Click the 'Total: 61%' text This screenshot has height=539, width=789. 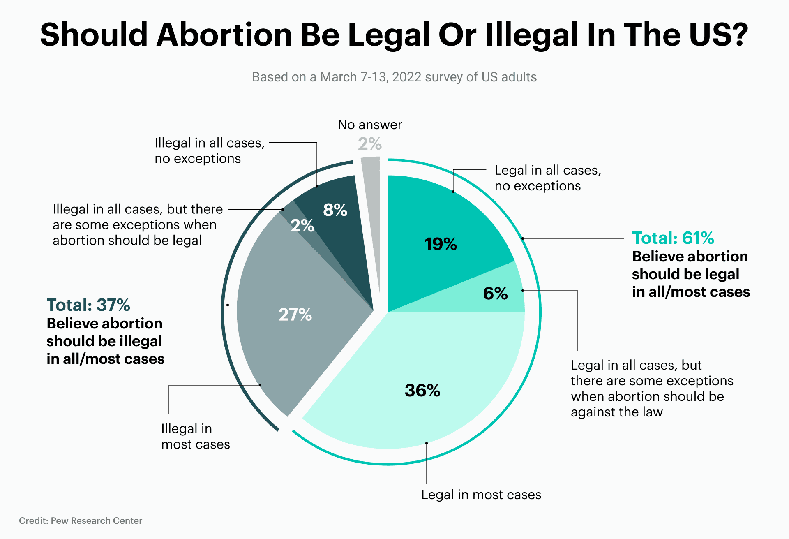pos(673,238)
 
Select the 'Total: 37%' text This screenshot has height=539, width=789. pos(88,305)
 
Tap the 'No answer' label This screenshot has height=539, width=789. pos(369,125)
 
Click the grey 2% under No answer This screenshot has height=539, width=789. pos(369,144)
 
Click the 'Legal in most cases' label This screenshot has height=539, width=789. pos(481,495)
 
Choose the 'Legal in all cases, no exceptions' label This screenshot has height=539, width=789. pos(547,178)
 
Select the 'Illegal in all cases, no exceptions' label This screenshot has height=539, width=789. pos(209,150)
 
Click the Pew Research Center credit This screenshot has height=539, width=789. pos(81,520)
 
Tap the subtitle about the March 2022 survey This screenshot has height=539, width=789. pos(394,77)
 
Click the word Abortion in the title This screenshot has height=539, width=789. pos(224,35)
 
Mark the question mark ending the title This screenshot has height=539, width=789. pos(740,35)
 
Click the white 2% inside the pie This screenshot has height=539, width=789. pos(302,226)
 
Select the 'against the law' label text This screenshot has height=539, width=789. pos(616,412)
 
